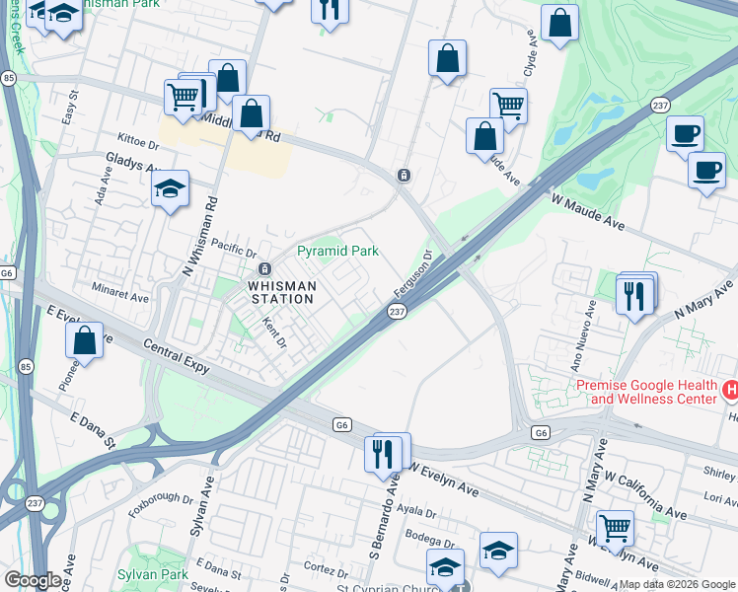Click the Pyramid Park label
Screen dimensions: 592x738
pos(338,252)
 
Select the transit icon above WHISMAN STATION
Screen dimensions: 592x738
pos(264,269)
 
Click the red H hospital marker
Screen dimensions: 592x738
pos(730,391)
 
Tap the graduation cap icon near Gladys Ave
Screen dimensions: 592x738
pos(171,189)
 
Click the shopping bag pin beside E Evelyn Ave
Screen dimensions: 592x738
pos(86,340)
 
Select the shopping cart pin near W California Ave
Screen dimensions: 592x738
pos(615,528)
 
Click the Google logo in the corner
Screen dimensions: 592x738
pos(33,580)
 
